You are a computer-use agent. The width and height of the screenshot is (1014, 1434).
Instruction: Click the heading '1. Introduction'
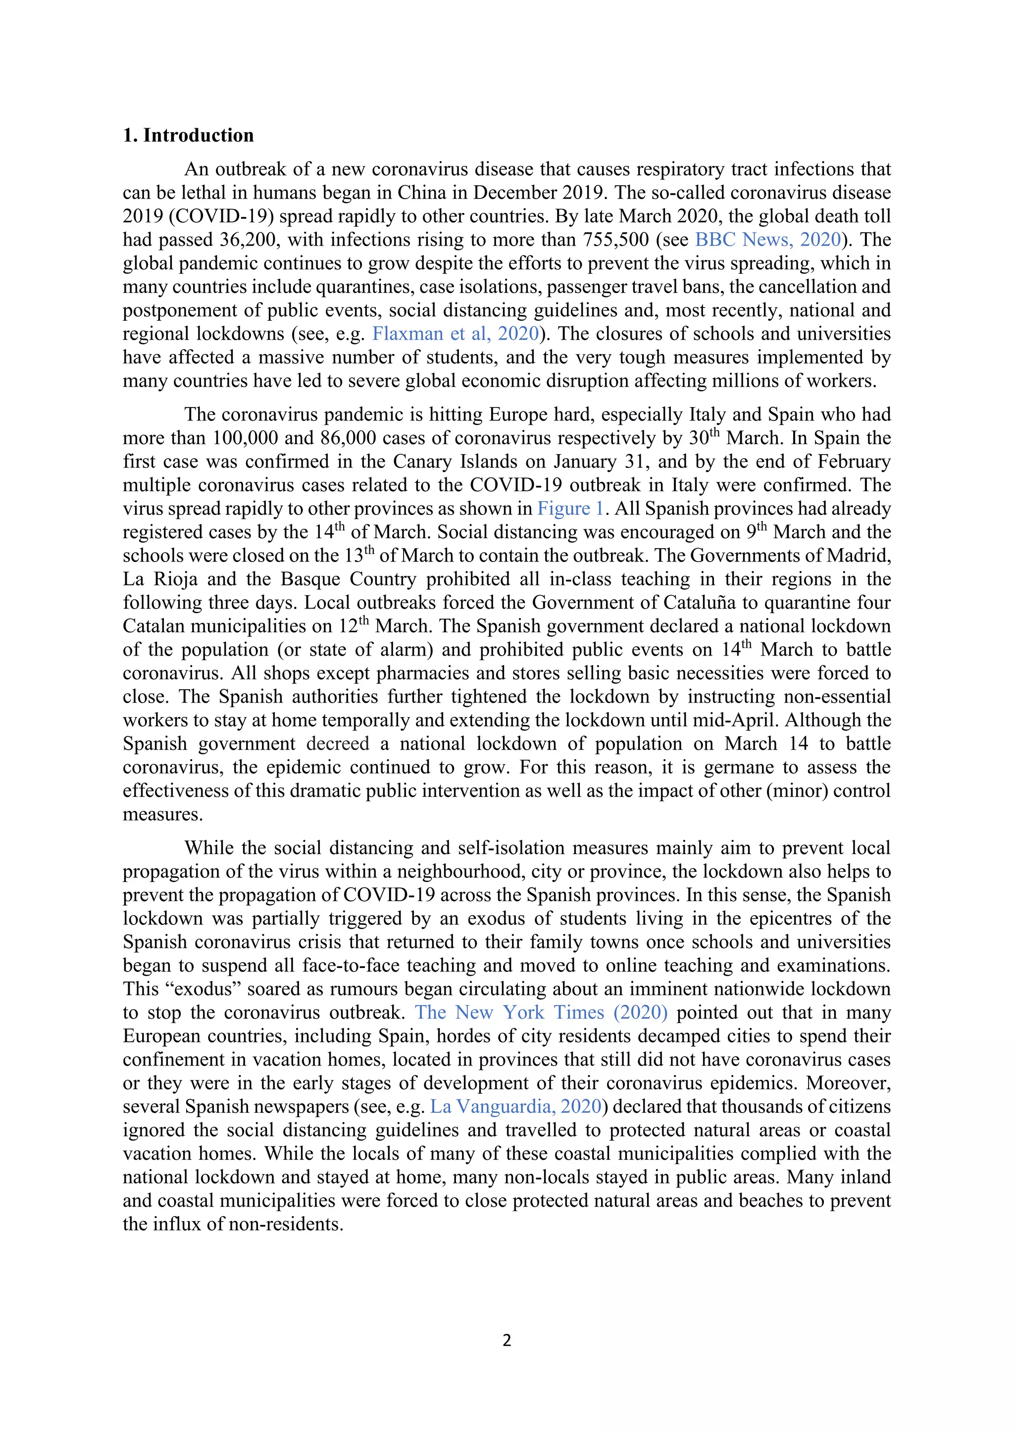tap(188, 136)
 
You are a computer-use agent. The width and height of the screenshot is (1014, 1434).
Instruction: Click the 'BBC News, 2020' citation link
tap(768, 240)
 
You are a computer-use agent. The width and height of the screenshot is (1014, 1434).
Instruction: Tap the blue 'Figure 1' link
tap(570, 509)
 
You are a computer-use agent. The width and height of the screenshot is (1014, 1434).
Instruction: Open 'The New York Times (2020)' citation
tap(541, 1012)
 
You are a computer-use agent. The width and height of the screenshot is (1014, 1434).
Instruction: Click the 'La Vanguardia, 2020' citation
tap(516, 1106)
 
